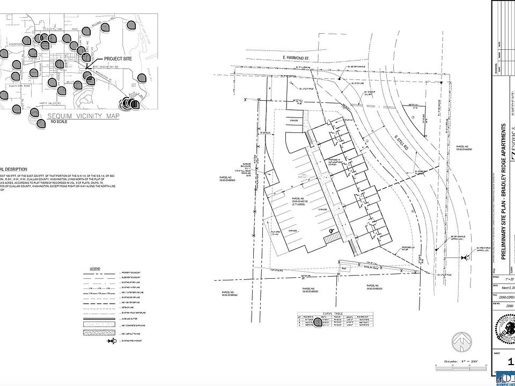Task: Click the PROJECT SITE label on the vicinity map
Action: [x=119, y=58]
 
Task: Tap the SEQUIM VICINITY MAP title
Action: [x=83, y=116]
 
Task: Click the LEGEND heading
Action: [x=95, y=268]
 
